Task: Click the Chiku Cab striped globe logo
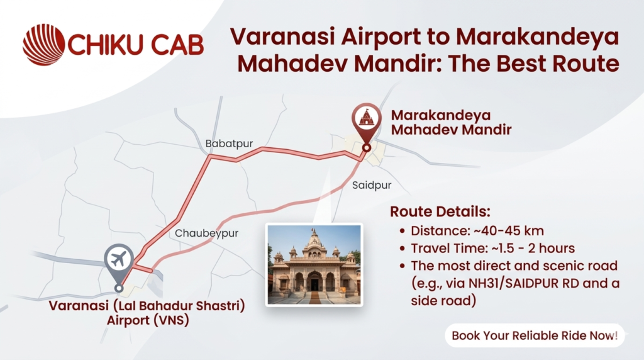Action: (43, 45)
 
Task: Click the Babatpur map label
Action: (229, 144)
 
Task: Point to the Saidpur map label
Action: (372, 185)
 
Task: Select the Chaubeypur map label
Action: (206, 233)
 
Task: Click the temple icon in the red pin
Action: (366, 118)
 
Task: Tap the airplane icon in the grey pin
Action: (118, 259)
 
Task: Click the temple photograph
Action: (314, 264)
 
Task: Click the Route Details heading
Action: (440, 211)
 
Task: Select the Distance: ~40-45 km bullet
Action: (477, 230)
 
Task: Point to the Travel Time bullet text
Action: (492, 248)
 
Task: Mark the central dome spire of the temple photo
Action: (314, 234)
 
